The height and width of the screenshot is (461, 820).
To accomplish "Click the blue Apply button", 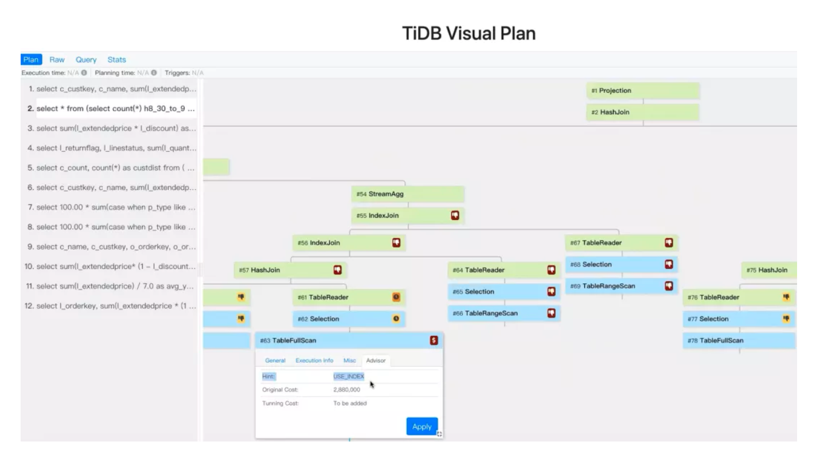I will (421, 427).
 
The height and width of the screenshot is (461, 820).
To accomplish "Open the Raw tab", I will (57, 60).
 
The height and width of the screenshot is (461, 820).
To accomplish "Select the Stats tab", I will (116, 60).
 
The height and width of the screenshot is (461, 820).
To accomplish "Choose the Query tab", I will (86, 60).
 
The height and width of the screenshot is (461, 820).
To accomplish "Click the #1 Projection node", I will (642, 91).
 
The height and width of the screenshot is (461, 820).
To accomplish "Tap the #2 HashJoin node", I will (642, 112).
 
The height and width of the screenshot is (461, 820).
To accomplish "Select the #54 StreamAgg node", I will (407, 194).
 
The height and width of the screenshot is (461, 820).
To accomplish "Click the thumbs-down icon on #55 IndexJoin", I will (455, 215).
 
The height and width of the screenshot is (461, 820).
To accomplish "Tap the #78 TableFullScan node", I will (739, 341).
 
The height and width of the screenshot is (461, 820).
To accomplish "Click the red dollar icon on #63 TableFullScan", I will (434, 341).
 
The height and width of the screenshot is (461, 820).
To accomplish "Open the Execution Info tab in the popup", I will (314, 360).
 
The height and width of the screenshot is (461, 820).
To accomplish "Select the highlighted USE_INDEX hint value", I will (349, 376).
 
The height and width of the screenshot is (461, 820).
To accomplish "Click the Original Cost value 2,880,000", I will (346, 390).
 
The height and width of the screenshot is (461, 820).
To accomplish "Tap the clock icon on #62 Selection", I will (396, 319).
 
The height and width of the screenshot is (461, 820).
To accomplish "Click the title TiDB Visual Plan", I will (470, 34).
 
